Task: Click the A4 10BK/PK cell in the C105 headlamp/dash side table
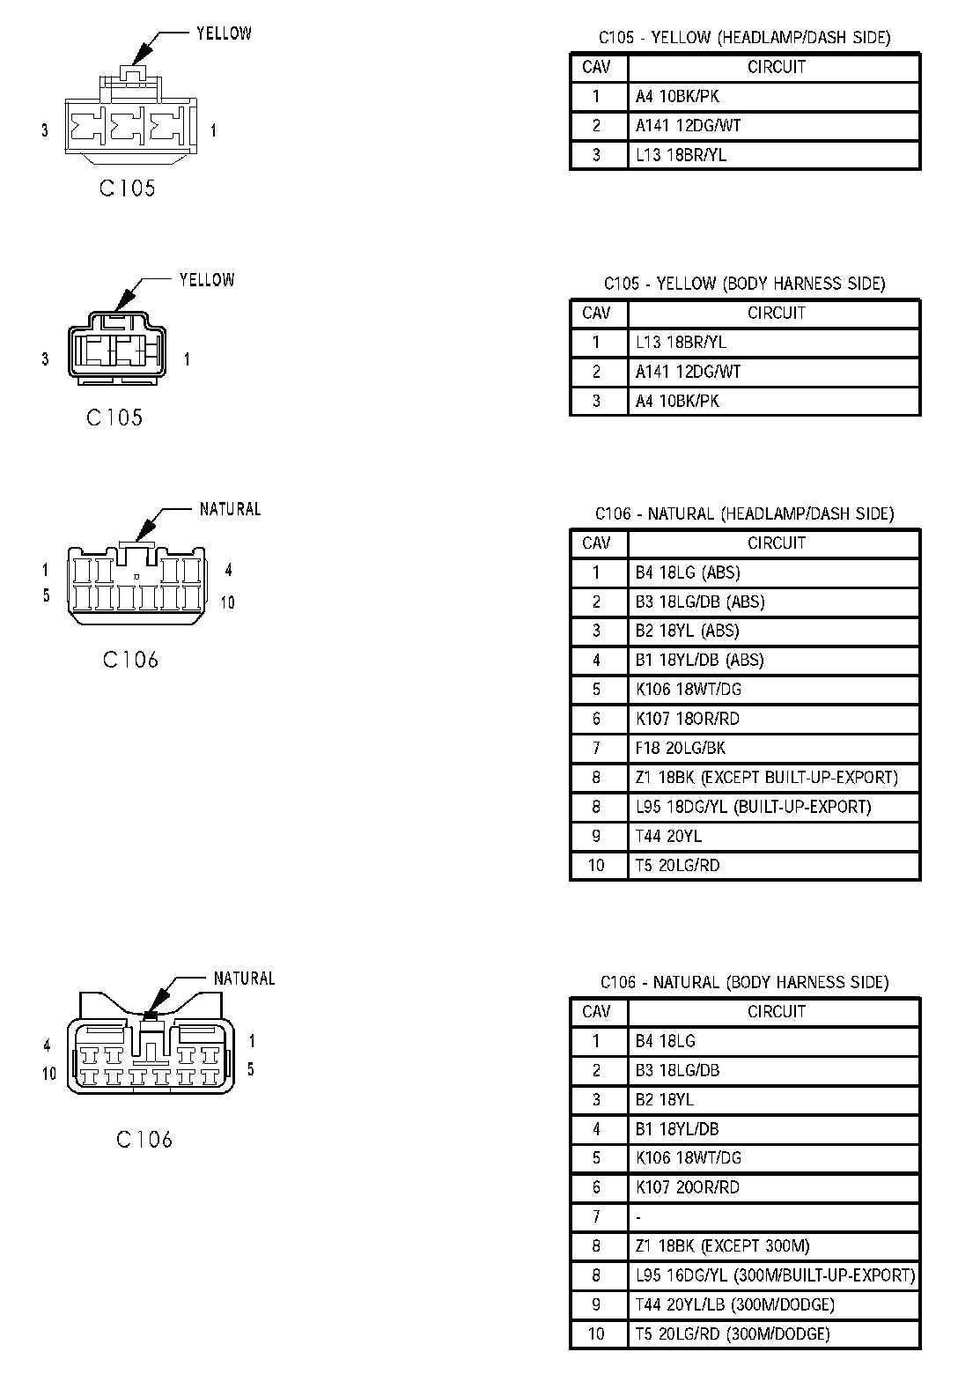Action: (677, 96)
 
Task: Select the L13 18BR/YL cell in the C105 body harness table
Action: (681, 342)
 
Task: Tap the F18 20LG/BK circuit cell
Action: (681, 748)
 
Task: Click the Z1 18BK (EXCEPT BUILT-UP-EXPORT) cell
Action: (766, 777)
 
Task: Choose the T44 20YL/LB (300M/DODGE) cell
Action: (734, 1304)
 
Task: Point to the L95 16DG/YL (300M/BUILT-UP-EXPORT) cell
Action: (775, 1274)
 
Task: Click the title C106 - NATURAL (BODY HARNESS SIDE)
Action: (744, 982)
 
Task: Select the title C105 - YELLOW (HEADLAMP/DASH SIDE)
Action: (744, 37)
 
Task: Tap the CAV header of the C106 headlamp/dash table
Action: (596, 543)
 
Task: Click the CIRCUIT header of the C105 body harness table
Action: (776, 313)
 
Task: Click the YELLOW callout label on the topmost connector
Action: (224, 33)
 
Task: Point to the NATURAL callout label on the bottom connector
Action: (244, 978)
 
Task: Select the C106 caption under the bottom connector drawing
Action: (144, 1139)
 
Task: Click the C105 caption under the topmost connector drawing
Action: (127, 188)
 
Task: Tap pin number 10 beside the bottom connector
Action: (48, 1073)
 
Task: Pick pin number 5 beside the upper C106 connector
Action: (47, 595)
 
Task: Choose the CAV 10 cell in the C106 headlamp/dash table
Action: (596, 865)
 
